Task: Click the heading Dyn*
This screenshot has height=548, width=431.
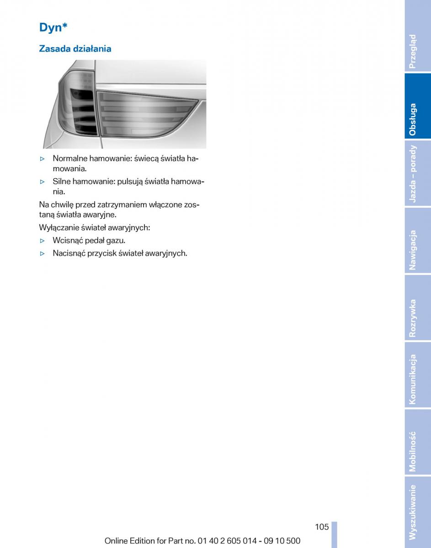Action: (x=53, y=28)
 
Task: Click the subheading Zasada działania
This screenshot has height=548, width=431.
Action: (x=75, y=48)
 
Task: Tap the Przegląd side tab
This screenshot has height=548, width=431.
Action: (x=418, y=37)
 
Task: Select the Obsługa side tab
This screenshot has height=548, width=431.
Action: (x=418, y=106)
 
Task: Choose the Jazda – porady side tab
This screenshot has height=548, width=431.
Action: (x=418, y=174)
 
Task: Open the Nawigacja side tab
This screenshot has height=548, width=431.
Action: (x=418, y=241)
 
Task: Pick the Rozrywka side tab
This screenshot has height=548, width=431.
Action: (x=418, y=308)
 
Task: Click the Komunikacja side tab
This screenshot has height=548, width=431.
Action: (x=418, y=375)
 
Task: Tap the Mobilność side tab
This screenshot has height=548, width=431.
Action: (x=418, y=442)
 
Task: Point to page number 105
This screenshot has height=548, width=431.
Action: (x=322, y=527)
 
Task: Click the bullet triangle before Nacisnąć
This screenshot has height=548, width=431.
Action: (x=43, y=253)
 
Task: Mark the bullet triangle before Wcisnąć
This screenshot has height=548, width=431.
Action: (x=43, y=241)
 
